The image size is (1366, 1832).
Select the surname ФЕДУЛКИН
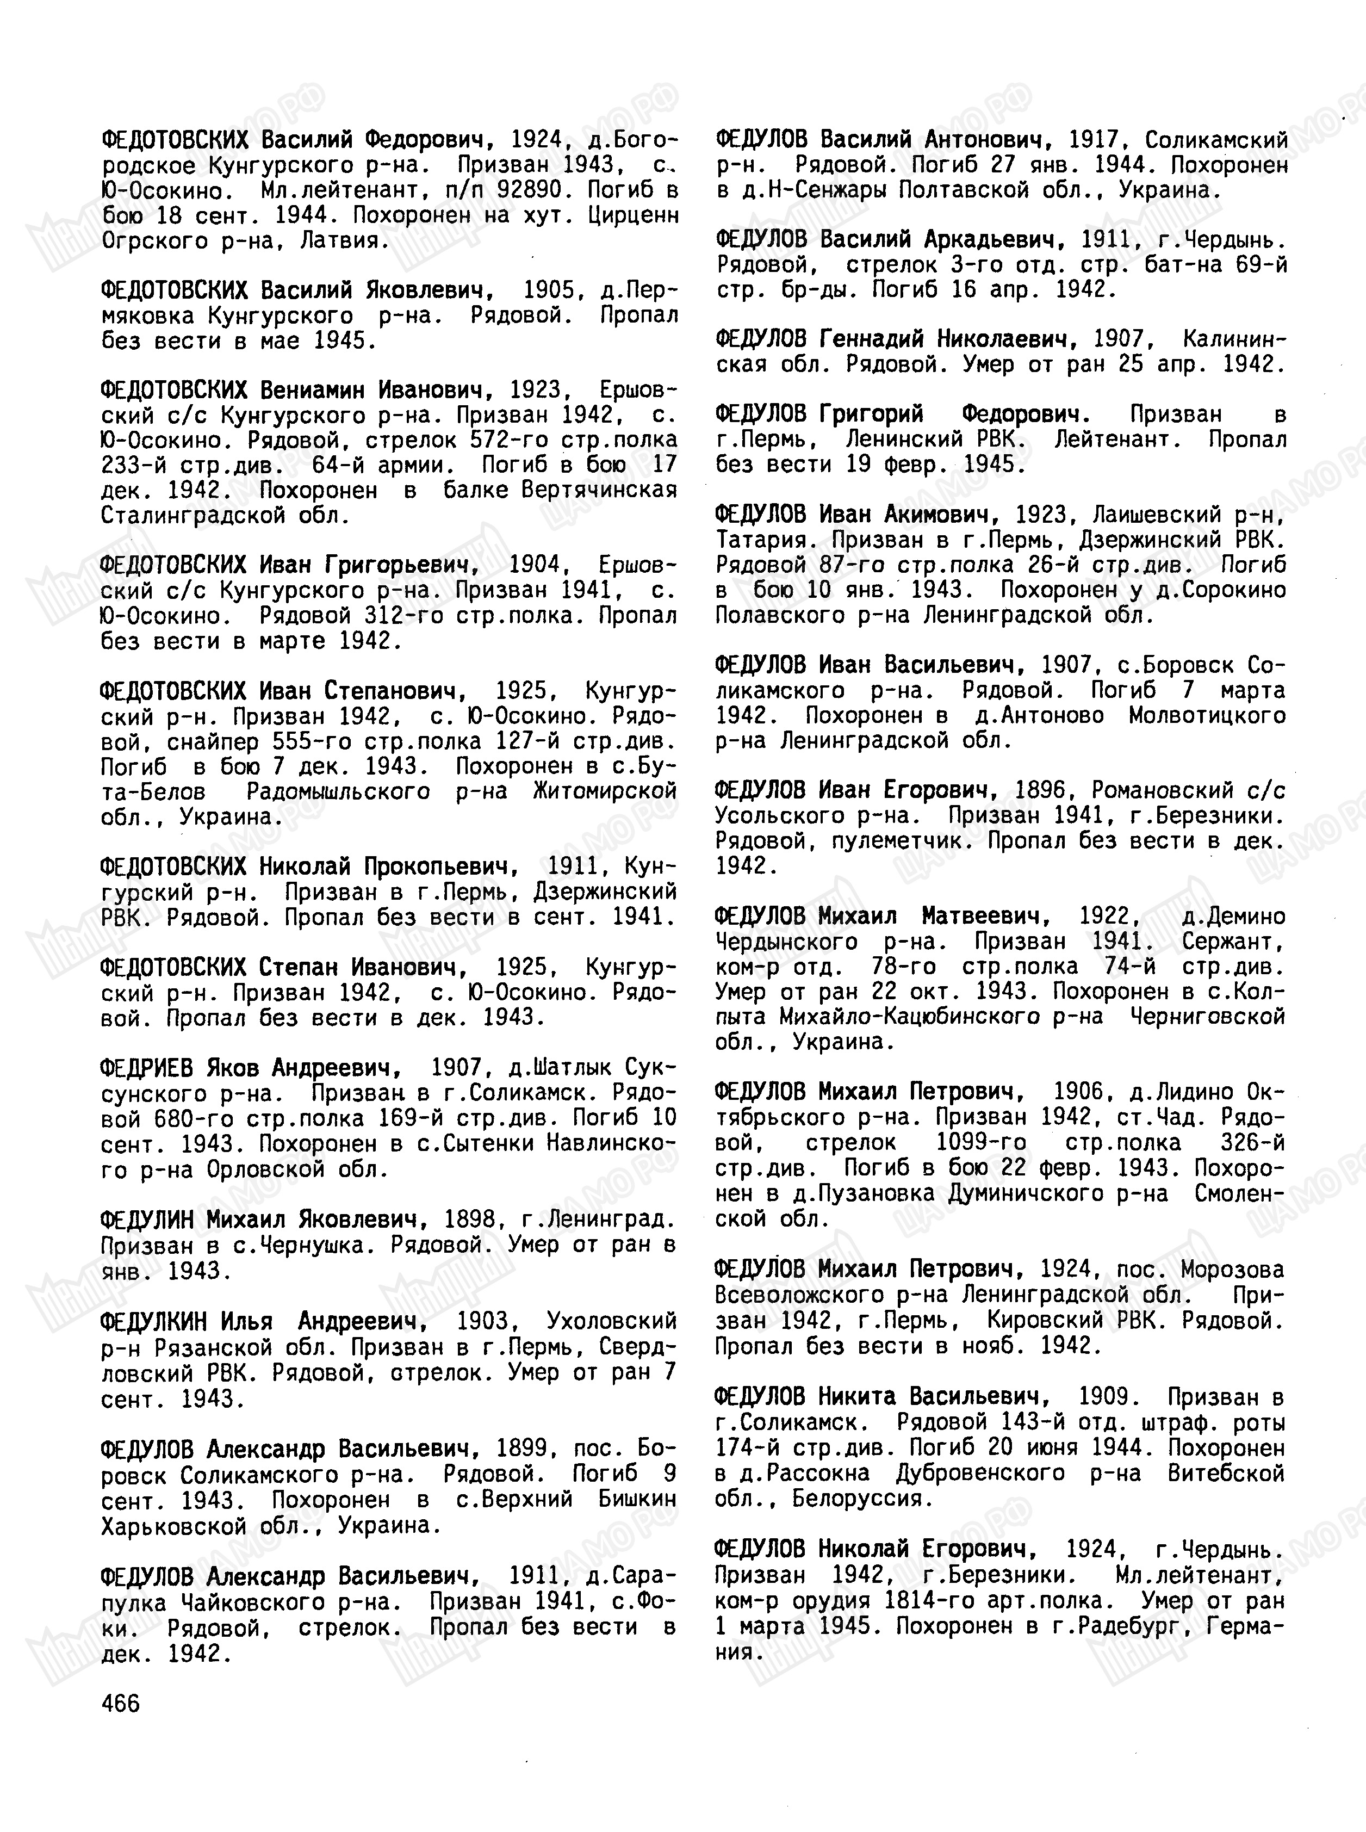pos(154,1321)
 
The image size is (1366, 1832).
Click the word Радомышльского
pos(338,791)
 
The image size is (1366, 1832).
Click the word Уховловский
pos(611,1321)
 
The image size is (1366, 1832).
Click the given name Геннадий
pos(872,339)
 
